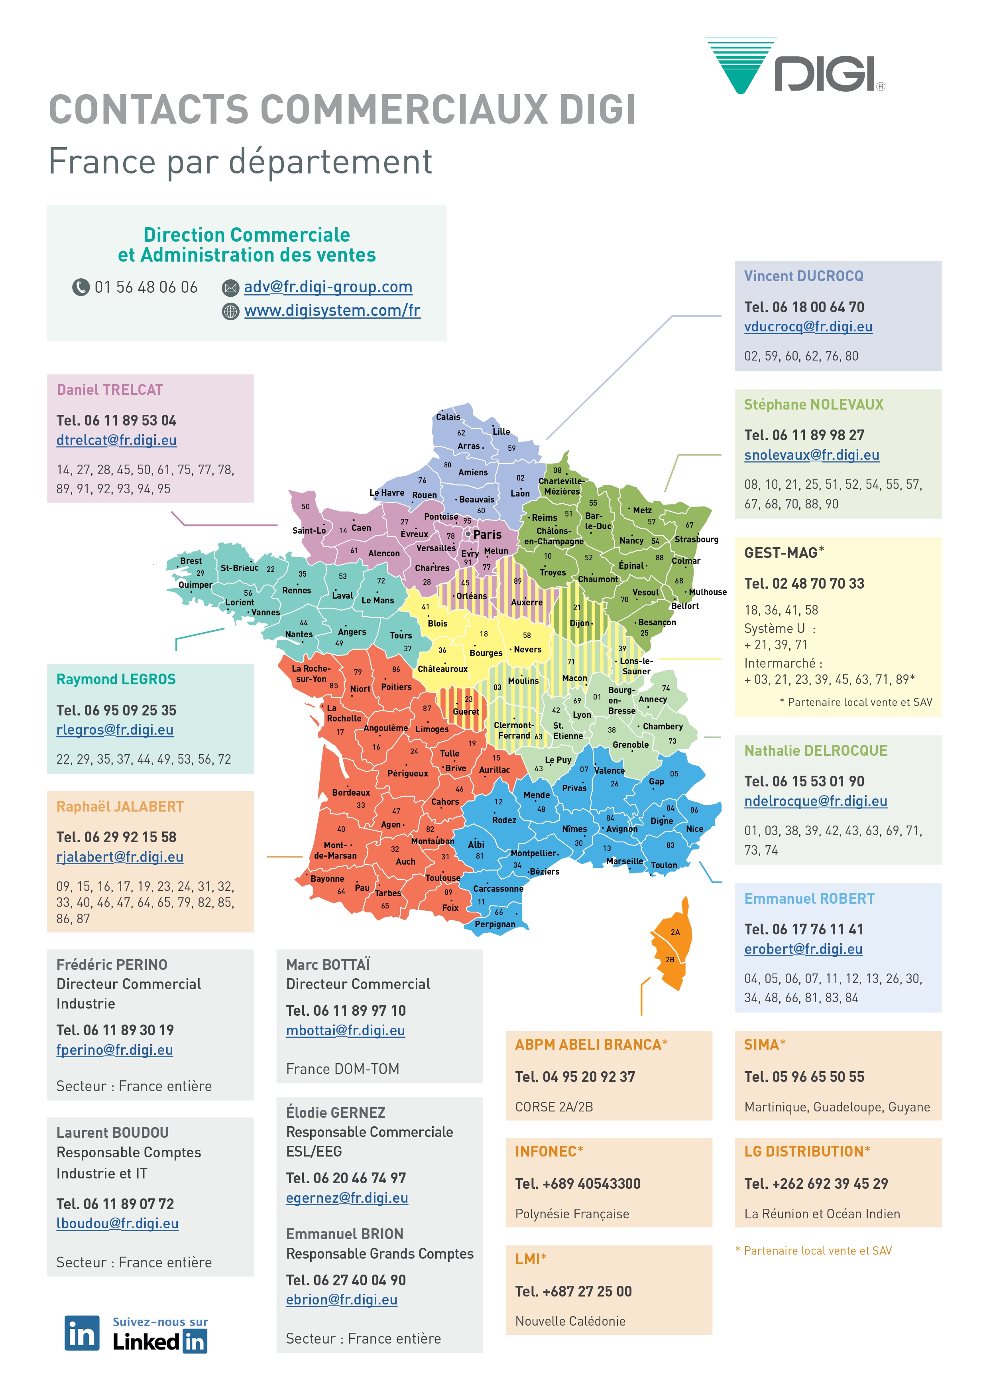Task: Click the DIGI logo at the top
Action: (x=795, y=67)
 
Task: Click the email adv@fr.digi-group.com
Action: (x=328, y=287)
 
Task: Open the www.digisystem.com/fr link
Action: (x=332, y=311)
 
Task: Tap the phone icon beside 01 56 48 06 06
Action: (x=81, y=287)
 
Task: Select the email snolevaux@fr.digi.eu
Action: (x=811, y=455)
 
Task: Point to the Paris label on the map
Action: (x=487, y=534)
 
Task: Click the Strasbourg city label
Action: (x=696, y=539)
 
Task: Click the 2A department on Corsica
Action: (x=675, y=932)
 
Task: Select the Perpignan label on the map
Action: (x=494, y=924)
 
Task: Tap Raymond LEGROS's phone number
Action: (x=116, y=711)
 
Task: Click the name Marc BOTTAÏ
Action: (x=328, y=965)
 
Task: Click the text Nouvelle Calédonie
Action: (x=570, y=1321)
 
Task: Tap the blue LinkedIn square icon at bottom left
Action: (x=82, y=1334)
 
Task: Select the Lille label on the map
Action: (x=501, y=432)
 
